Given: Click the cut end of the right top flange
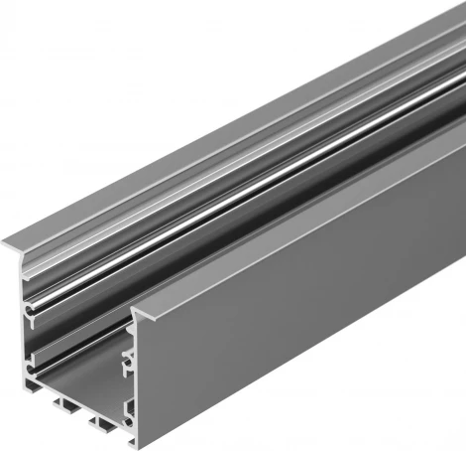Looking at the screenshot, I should (144, 315).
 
